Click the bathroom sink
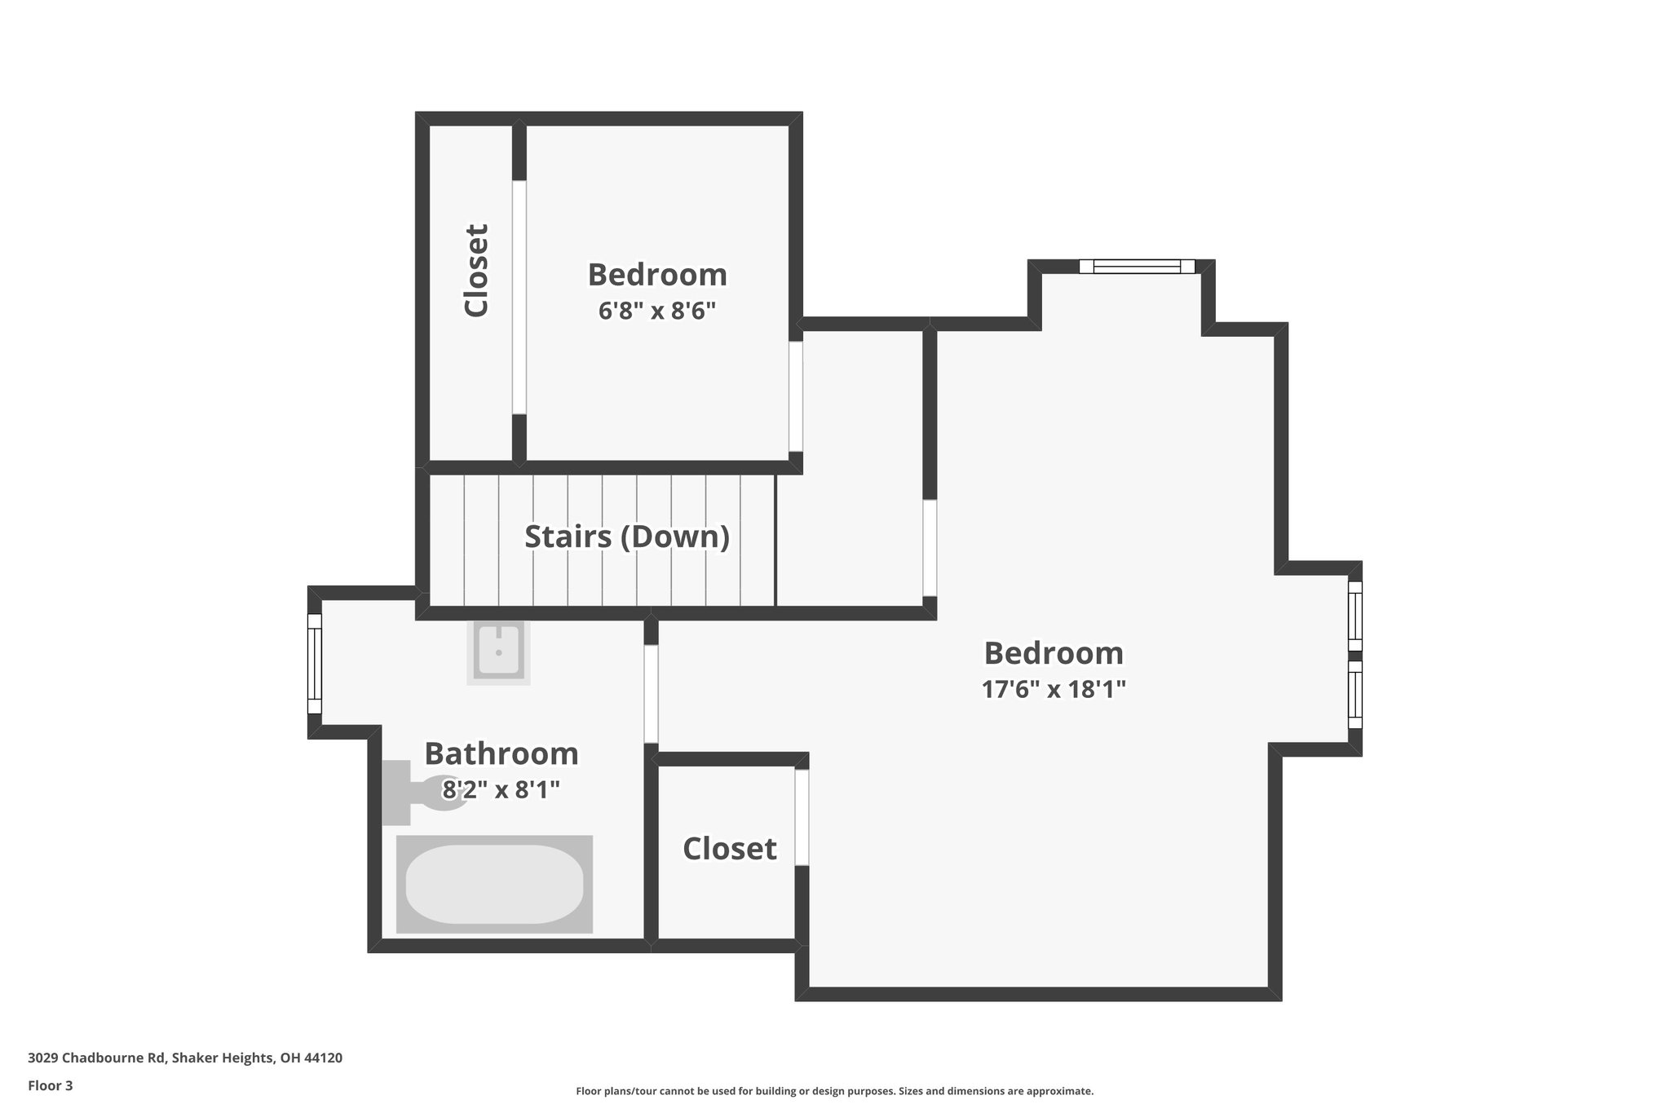pos(498,651)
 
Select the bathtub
pos(494,884)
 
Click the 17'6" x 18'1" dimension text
pos(1054,690)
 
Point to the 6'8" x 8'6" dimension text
pos(657,311)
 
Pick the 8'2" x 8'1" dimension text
pos(501,790)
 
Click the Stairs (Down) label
pos(626,537)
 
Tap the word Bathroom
pos(501,754)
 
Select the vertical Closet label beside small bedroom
pos(476,270)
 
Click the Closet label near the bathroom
pos(729,849)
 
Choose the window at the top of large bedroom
pos(1137,267)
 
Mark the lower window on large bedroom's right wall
pos(1354,694)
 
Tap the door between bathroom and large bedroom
pos(651,693)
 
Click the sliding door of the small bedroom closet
pos(519,297)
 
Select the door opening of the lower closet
pos(802,817)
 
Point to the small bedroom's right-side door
pos(795,395)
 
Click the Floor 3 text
pos(51,1085)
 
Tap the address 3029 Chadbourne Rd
pos(98,1058)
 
